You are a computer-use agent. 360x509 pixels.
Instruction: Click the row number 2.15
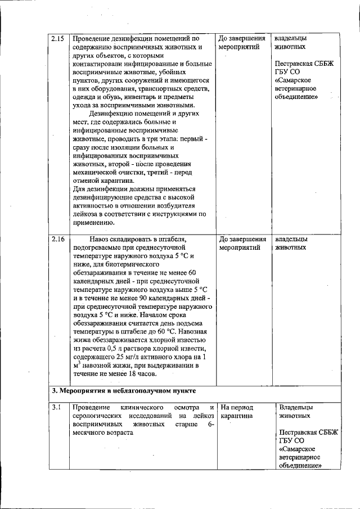[57, 39]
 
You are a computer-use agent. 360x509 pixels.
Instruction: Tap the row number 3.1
[56, 407]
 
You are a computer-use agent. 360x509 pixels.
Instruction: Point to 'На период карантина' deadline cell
[237, 412]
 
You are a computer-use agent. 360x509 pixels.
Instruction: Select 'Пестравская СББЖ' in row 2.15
[304, 64]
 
